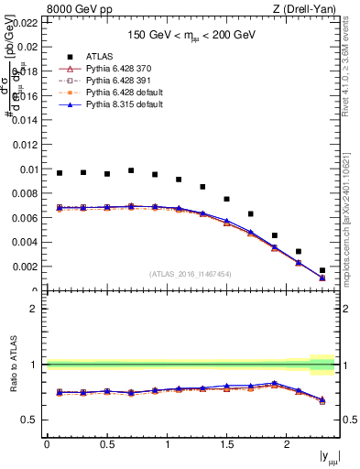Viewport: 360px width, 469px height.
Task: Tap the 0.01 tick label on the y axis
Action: (28, 169)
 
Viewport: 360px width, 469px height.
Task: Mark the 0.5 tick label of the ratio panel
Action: (33, 420)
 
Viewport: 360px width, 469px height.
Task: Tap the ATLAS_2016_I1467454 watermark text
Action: (190, 273)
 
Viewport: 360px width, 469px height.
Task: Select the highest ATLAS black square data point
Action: (131, 170)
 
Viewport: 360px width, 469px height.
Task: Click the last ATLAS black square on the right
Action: (322, 270)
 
